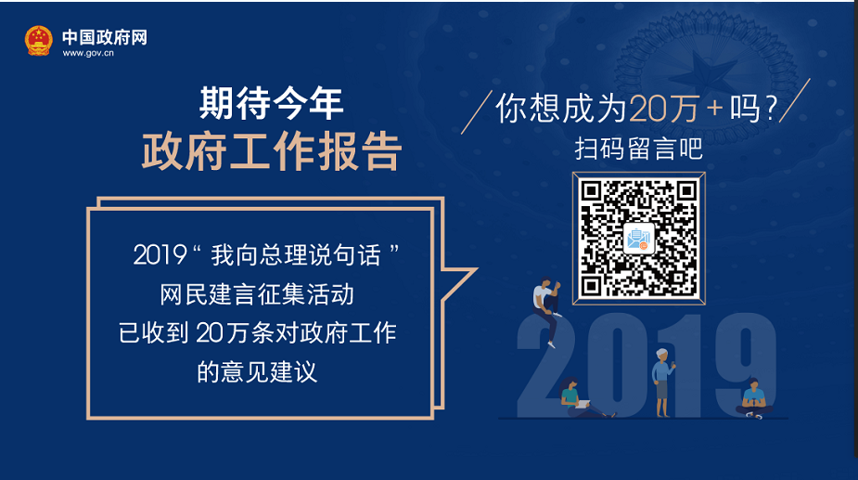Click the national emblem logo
click(39, 41)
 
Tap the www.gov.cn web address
click(88, 53)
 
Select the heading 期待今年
click(271, 103)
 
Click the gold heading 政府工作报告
click(272, 150)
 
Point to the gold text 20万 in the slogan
click(664, 109)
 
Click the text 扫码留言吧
click(638, 149)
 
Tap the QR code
click(638, 239)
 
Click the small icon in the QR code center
click(638, 239)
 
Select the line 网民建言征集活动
click(257, 295)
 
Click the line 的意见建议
click(257, 372)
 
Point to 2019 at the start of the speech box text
click(160, 255)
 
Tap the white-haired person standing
click(662, 382)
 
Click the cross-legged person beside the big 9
click(754, 399)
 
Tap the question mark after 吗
click(771, 109)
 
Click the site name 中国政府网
click(105, 37)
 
